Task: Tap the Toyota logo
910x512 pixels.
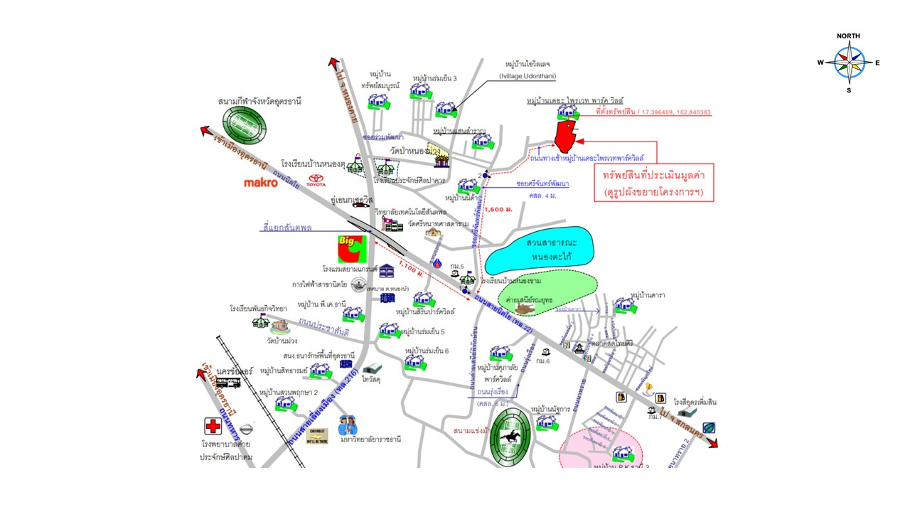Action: click(316, 182)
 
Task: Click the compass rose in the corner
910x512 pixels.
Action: click(848, 63)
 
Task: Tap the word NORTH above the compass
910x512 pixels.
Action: click(848, 36)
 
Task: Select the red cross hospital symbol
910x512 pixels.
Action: click(213, 426)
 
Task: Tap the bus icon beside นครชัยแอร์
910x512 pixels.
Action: click(227, 382)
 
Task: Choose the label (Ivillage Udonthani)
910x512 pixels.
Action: click(528, 76)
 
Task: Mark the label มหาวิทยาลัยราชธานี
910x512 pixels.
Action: click(371, 439)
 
